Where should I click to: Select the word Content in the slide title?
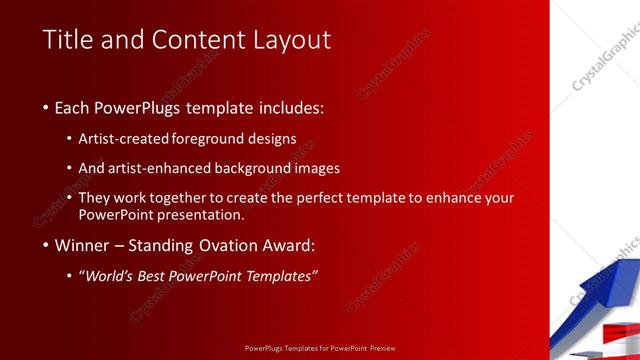coord(190,40)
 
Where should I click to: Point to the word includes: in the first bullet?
coord(289,107)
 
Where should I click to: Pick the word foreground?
coord(210,139)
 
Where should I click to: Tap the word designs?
coord(272,139)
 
